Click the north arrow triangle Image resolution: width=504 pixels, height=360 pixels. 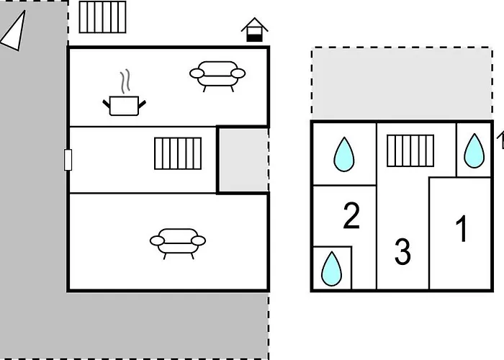14,32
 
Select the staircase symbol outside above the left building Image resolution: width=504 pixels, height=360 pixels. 102,17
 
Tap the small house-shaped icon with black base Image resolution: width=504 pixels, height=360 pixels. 254,31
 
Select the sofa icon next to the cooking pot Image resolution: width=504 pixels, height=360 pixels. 217,74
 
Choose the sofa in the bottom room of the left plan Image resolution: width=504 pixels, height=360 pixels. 178,240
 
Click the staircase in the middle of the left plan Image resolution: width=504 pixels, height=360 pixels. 177,153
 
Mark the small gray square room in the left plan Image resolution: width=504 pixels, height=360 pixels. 243,160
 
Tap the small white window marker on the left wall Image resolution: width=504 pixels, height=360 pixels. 68,160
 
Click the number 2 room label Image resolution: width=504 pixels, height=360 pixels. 351,216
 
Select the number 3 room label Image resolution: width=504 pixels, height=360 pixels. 402,252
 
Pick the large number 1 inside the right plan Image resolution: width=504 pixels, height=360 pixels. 462,229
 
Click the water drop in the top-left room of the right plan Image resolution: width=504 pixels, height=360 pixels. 344,153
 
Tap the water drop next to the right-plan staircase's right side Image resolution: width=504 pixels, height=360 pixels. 474,150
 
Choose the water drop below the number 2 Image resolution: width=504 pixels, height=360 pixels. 331,268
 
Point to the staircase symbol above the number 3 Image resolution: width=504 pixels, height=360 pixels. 410,150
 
